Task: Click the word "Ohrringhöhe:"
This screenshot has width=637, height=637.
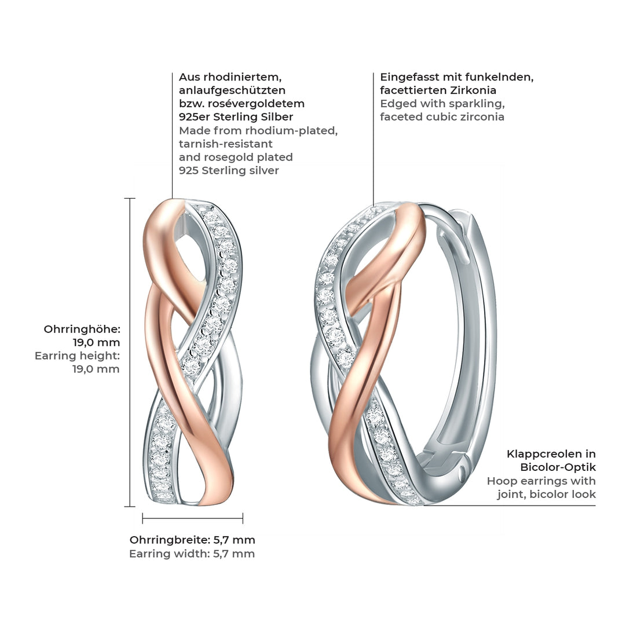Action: pos(82,329)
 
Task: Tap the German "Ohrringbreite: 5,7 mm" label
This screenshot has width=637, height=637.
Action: pos(192,540)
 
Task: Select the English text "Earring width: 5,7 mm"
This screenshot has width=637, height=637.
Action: pos(192,554)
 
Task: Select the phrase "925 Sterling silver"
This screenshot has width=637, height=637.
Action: pos(229,170)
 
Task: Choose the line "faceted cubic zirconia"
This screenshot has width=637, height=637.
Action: pos(442,117)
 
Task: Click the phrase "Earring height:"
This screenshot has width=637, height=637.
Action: pos(77,356)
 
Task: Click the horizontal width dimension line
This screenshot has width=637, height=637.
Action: pos(192,518)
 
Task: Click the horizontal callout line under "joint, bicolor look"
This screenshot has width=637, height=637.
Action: pos(510,506)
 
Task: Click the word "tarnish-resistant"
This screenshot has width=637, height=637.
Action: pos(226,144)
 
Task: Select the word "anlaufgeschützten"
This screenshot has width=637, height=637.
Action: pos(232,90)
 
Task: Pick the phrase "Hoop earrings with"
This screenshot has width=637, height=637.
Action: pos(541,481)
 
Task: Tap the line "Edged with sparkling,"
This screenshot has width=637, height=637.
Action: pos(442,104)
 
